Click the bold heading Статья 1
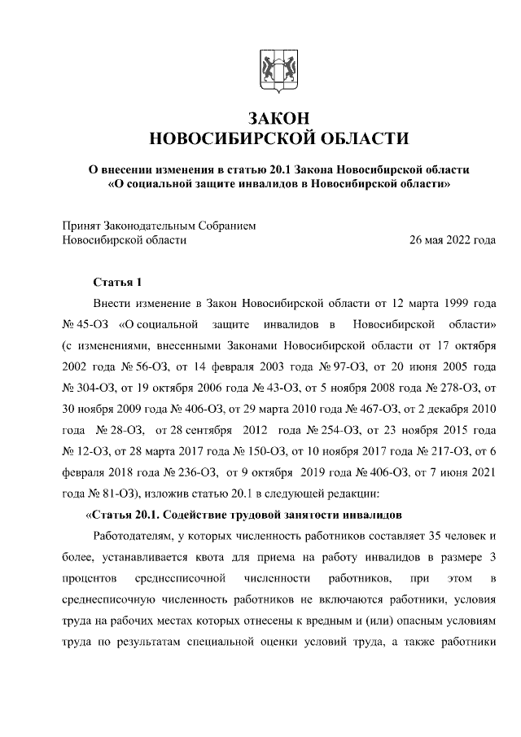tap(117, 283)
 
